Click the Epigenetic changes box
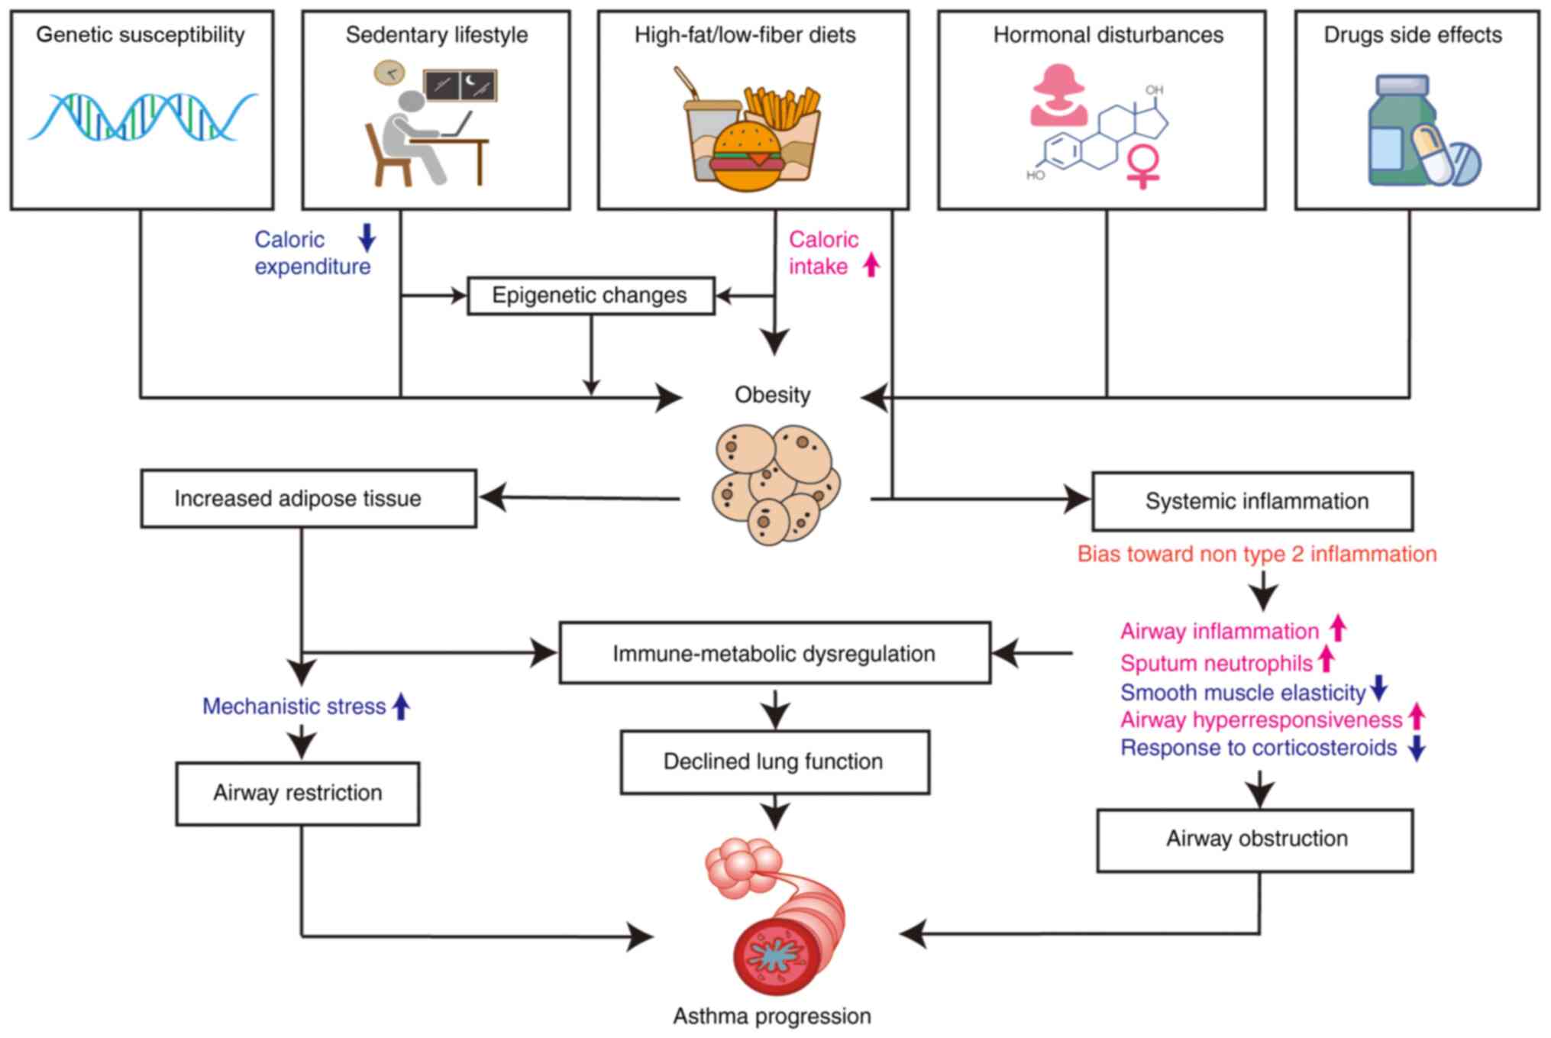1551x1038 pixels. click(590, 296)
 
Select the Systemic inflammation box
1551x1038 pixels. click(1252, 501)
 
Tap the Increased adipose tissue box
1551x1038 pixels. click(309, 499)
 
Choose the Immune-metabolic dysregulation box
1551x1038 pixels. click(774, 653)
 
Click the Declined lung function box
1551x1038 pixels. click(774, 762)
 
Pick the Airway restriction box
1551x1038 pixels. click(297, 793)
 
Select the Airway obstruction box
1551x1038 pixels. click(1255, 839)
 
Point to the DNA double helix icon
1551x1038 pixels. click(143, 117)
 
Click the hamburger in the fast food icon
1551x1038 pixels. click(746, 157)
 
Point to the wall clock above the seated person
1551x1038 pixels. click(389, 73)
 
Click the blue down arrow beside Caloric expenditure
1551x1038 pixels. click(367, 238)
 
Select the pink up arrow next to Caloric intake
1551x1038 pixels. click(871, 265)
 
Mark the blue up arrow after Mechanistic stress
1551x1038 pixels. click(401, 706)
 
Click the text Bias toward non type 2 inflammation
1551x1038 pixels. click(1256, 554)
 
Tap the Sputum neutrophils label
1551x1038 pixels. click(1216, 663)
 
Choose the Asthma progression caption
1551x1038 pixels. click(771, 1016)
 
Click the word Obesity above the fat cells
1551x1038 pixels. click(772, 395)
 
